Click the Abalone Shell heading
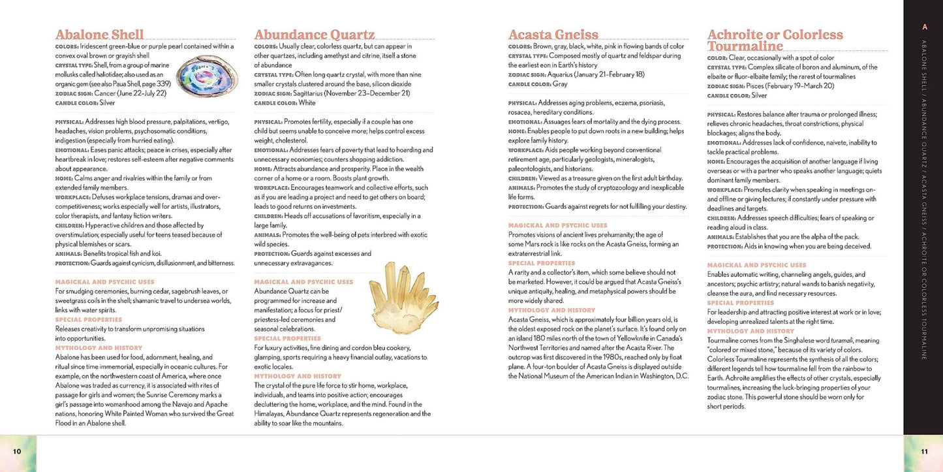coord(100,35)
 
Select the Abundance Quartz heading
coord(315,35)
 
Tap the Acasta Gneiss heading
coord(553,35)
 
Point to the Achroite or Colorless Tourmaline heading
coord(775,40)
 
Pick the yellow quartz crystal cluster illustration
coord(395,297)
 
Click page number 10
coord(17,451)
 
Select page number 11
coord(924,451)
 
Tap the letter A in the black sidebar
coord(924,27)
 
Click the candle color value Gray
coord(560,84)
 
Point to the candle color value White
coord(307,103)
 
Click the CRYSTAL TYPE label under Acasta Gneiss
coord(527,56)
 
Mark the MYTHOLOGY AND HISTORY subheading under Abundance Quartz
coord(298,376)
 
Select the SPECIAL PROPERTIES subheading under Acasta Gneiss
coord(536,263)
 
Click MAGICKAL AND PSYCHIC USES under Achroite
coord(756,265)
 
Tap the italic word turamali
coord(839,341)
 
